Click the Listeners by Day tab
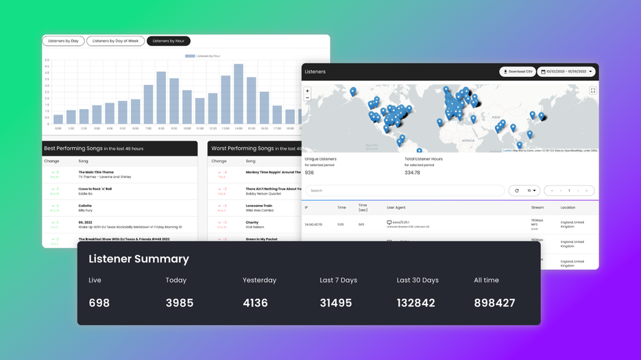[63, 41]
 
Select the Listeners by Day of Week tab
[115, 41]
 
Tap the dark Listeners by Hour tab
[168, 41]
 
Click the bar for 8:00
[162, 97]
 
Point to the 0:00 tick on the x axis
[58, 128]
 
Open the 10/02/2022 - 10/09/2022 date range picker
[566, 71]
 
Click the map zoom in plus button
[307, 91]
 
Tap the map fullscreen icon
[593, 91]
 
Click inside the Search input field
[404, 191]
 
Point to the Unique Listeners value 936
[310, 173]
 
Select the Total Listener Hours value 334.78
[412, 173]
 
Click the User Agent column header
[396, 207]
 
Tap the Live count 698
[99, 302]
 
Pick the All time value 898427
[494, 302]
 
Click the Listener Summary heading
[138, 259]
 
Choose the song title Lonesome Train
[259, 206]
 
